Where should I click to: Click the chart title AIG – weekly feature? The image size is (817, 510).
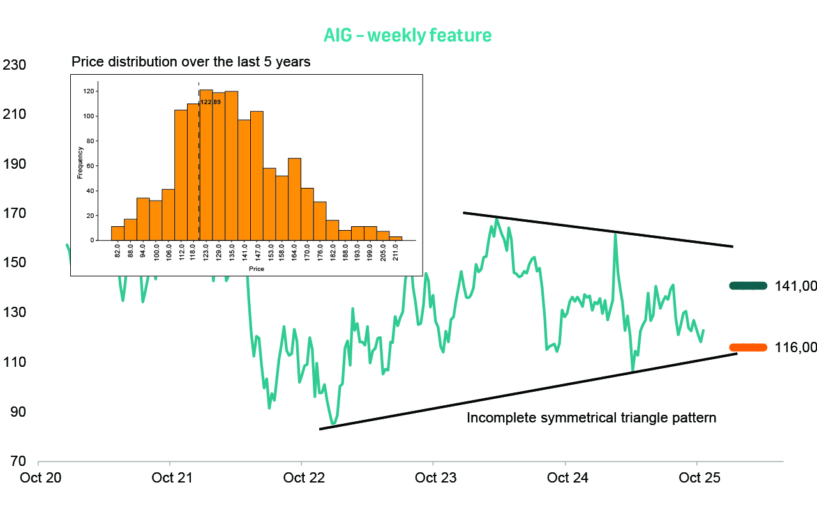[407, 35]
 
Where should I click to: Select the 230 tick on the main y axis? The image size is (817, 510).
[14, 65]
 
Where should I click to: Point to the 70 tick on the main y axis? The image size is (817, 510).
[14, 461]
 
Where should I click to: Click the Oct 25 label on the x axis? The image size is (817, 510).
[700, 478]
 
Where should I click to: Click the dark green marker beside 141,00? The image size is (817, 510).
[748, 286]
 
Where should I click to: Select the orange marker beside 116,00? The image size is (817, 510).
[748, 347]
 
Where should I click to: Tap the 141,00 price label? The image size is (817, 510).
[795, 286]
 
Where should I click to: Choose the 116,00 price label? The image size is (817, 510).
[795, 348]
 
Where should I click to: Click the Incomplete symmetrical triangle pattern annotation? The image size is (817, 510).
[592, 419]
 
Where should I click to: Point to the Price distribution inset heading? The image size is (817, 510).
[191, 62]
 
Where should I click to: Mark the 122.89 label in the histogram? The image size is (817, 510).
[211, 102]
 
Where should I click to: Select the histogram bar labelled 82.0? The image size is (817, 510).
[117, 233]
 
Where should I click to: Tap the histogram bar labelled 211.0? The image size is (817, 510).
[396, 238]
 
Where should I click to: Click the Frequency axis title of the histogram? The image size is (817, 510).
[80, 162]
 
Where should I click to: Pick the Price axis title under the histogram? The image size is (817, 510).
[256, 269]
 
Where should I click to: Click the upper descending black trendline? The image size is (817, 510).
[597, 229]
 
